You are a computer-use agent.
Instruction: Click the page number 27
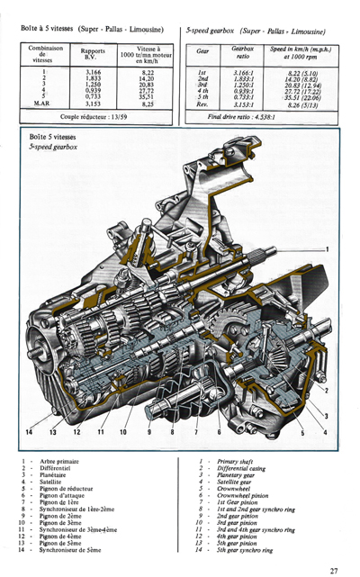pyautogui.click(x=334, y=569)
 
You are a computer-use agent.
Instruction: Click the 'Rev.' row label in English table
pyautogui.click(x=202, y=104)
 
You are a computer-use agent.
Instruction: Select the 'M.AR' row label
pyautogui.click(x=40, y=104)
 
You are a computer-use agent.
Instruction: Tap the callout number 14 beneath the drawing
pyautogui.click(x=30, y=433)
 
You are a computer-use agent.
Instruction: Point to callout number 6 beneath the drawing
pyautogui.click(x=218, y=433)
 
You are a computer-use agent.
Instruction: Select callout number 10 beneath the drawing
pyautogui.click(x=123, y=433)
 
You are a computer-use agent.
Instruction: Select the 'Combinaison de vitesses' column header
pyautogui.click(x=41, y=55)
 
